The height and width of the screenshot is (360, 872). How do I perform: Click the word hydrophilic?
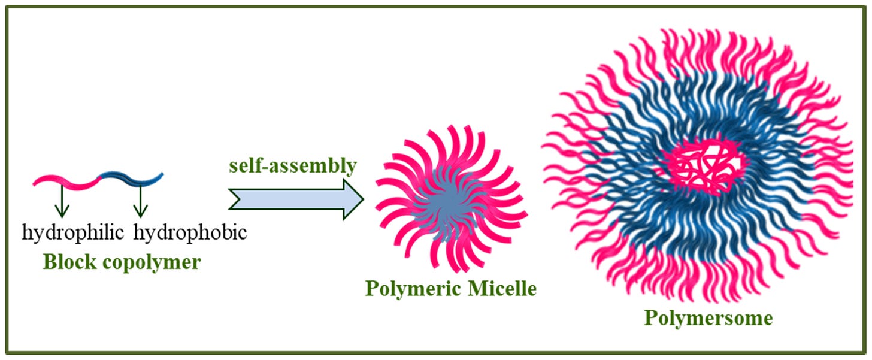(x=73, y=232)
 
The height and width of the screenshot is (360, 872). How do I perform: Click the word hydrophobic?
(x=190, y=232)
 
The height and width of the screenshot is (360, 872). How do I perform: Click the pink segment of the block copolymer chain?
(x=66, y=180)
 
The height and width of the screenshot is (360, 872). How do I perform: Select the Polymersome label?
(x=708, y=318)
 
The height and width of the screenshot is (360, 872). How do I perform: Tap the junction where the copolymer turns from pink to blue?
(x=99, y=177)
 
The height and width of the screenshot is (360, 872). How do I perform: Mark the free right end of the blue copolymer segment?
(x=162, y=175)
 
